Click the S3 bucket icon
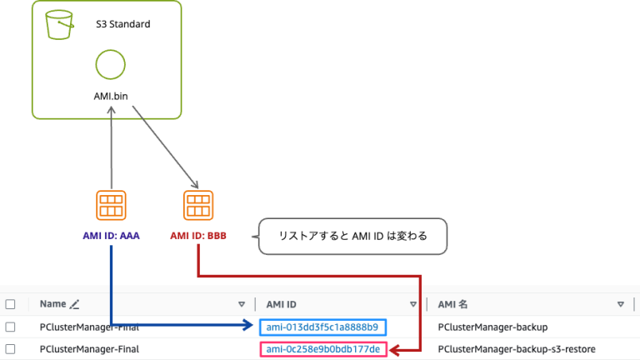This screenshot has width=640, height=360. (x=58, y=24)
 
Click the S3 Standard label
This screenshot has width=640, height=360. (x=122, y=24)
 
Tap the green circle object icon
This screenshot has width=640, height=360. (x=110, y=64)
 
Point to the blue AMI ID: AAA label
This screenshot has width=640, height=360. (x=111, y=236)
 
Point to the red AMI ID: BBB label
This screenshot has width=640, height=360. (x=198, y=236)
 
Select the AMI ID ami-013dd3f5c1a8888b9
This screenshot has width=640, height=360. (x=322, y=327)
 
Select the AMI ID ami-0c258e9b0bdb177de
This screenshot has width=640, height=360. (x=322, y=349)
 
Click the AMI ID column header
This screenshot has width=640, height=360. (x=282, y=304)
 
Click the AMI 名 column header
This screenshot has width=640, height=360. (x=457, y=304)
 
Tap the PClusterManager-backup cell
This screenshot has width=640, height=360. (x=492, y=327)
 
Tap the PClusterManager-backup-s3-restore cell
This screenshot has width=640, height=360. (x=517, y=349)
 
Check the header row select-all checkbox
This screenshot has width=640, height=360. (x=11, y=304)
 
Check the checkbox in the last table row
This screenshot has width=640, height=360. (x=11, y=349)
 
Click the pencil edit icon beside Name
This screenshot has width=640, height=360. (x=75, y=304)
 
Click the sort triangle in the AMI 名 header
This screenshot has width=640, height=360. (x=620, y=304)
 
